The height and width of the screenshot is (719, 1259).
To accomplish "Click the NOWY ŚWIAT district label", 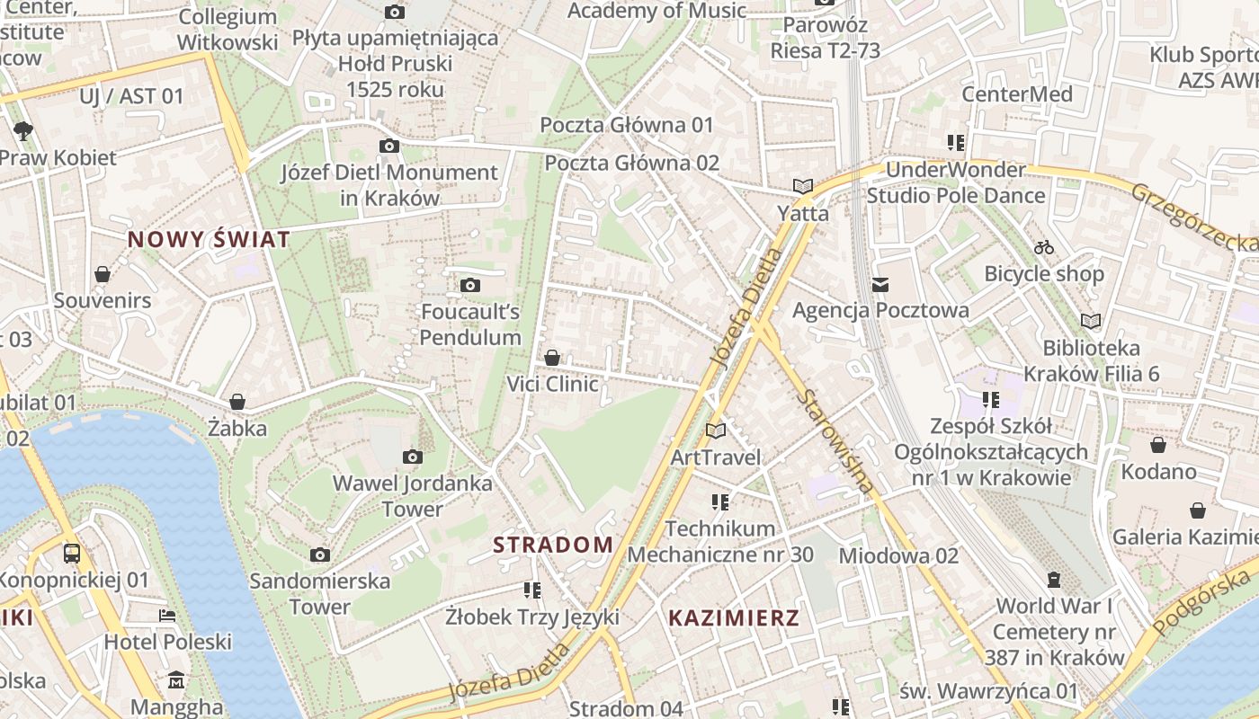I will pos(209,239).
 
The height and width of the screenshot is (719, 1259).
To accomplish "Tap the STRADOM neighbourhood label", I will pos(553,545).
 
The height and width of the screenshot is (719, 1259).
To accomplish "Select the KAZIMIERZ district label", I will pos(734,617).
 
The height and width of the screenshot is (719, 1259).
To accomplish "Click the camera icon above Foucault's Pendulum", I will pos(469,286).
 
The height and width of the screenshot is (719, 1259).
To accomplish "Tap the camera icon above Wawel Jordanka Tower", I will pos(413,457).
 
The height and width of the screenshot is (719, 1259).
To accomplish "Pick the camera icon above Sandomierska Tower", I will pos(320,555).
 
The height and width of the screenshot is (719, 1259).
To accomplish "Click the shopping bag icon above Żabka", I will pos(237,402).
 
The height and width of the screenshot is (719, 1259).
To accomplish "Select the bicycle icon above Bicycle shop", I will pos(1044,246).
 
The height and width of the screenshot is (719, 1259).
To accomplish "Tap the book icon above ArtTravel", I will pos(716,431).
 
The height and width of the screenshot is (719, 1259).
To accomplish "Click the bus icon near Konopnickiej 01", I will pos(72,554).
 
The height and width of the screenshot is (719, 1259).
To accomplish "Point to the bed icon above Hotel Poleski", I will pos(167,616).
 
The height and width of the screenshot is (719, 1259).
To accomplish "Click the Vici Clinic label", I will pos(552,385).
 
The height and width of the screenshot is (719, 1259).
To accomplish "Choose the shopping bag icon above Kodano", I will pos(1158,445).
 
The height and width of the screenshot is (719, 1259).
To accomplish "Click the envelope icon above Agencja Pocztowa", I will pos(880,285).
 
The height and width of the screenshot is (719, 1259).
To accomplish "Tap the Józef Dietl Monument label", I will pos(389,184).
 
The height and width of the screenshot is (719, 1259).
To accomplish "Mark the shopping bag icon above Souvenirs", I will pos(103,274).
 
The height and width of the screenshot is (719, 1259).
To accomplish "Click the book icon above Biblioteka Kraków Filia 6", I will pos(1091,321).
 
